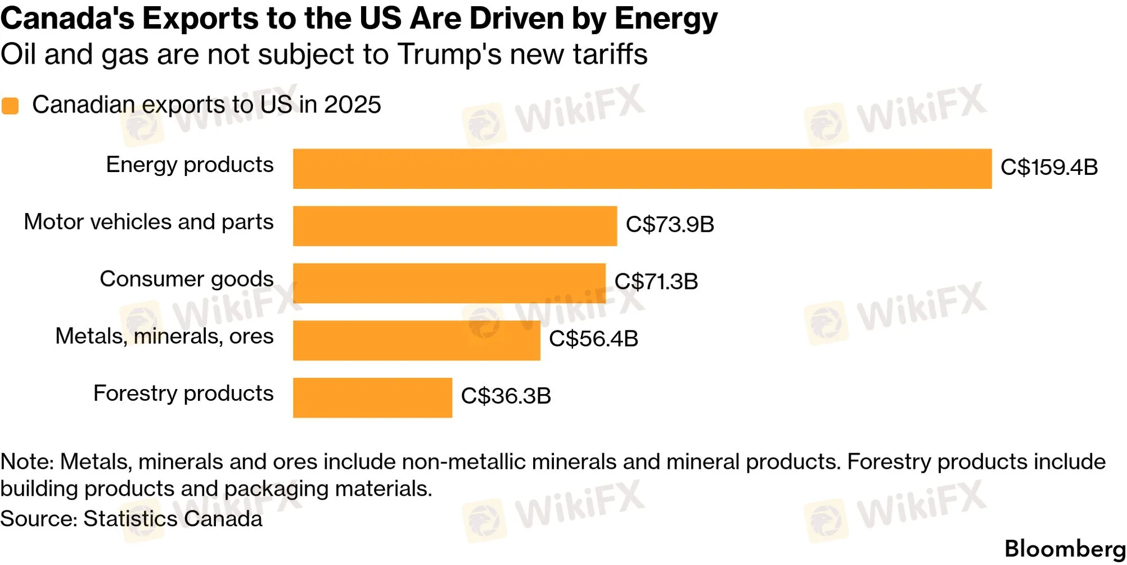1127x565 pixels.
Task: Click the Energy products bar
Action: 642,169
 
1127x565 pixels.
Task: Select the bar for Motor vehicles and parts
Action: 455,226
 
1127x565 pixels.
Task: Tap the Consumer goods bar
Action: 449,283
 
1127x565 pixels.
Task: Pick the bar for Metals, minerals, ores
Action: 417,341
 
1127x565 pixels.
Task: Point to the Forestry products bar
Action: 372,397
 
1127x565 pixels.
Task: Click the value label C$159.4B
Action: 1049,168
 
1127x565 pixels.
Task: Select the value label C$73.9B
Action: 670,224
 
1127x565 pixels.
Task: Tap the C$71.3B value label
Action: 656,282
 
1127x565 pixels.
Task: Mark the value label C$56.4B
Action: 594,339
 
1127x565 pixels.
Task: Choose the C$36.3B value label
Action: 506,396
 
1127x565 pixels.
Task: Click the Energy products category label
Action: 190,165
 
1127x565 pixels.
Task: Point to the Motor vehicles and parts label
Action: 148,222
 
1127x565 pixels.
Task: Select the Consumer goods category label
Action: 187,279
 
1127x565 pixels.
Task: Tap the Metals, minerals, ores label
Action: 164,336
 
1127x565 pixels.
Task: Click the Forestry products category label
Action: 183,394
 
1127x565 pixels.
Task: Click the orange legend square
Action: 10,106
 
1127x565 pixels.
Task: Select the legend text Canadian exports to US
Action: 163,105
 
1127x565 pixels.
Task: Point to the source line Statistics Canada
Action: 173,519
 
